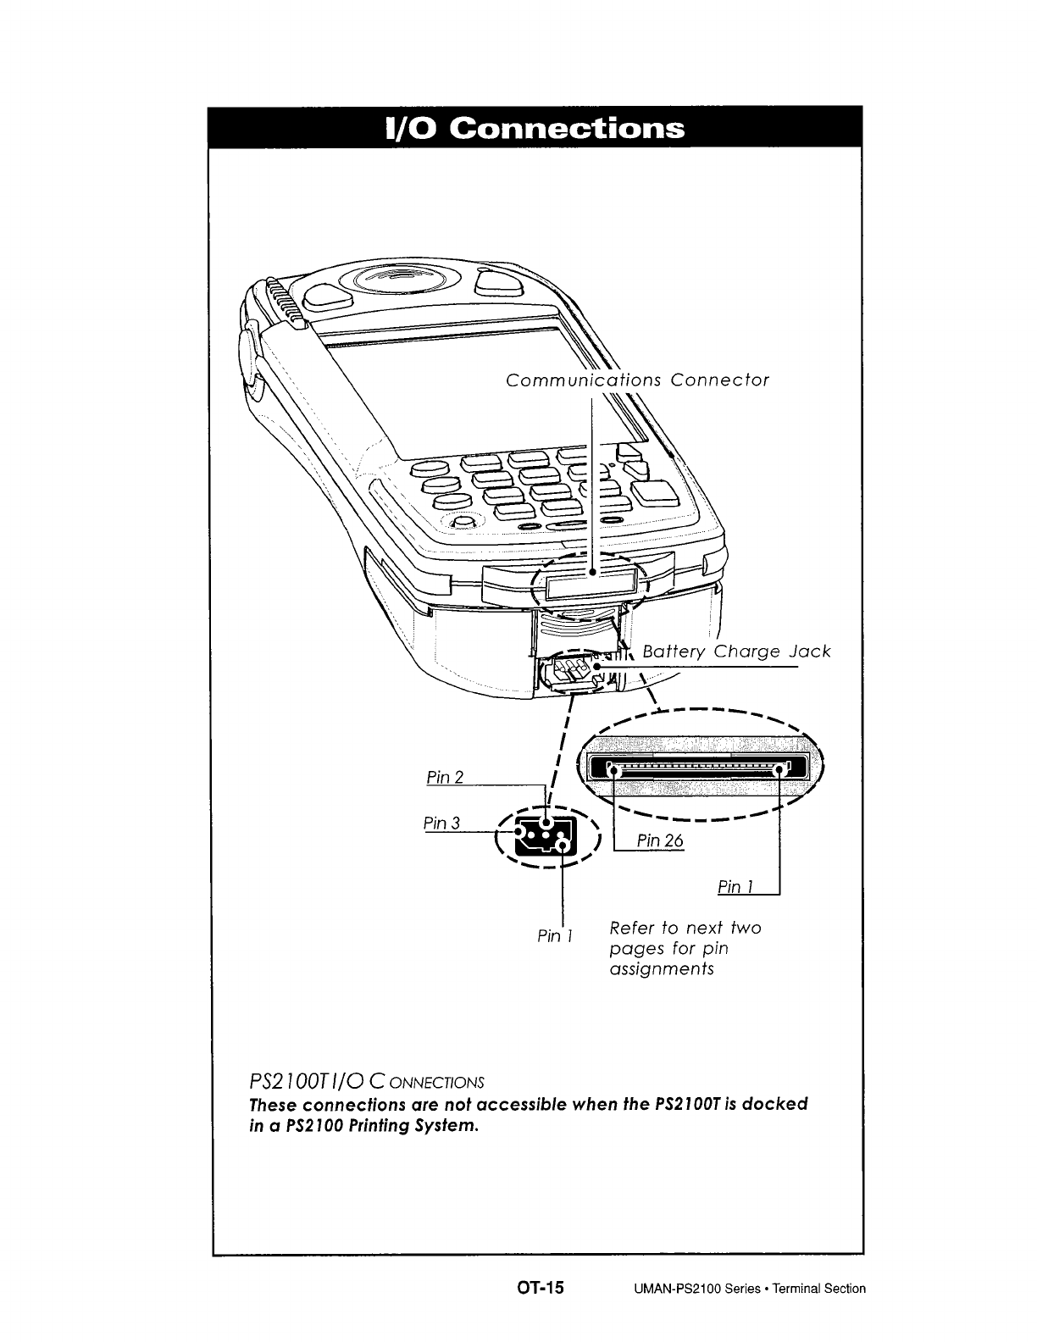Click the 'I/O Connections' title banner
[535, 128]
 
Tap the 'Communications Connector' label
[637, 380]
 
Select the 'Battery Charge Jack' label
[736, 652]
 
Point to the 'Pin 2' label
[445, 777]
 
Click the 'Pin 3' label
[441, 823]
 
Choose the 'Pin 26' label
[659, 840]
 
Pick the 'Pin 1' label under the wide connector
[735, 887]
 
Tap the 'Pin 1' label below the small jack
[556, 936]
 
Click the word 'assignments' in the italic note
[662, 969]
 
